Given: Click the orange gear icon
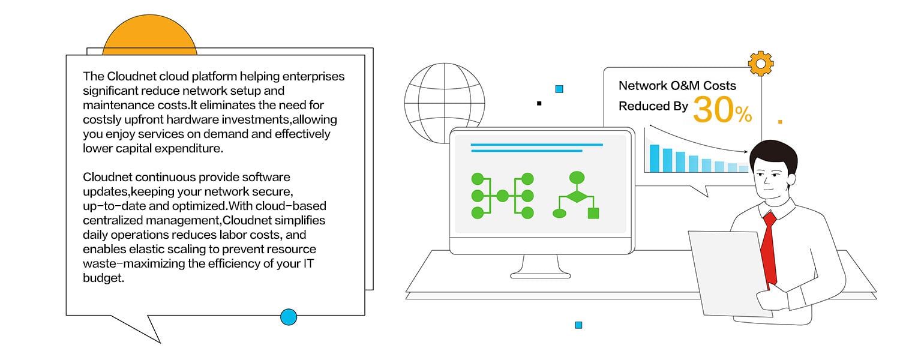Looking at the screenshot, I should [x=760, y=63].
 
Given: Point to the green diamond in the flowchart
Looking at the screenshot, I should [x=577, y=196].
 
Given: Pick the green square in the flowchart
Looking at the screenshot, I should [x=593, y=213].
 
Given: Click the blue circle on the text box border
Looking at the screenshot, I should [x=289, y=316].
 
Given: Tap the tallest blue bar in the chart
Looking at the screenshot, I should [x=654, y=158].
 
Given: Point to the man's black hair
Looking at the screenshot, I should [x=774, y=154].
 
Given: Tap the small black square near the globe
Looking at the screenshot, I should [x=539, y=103].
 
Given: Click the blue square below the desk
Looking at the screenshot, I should [x=578, y=325].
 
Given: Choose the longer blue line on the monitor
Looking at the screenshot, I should [x=536, y=145].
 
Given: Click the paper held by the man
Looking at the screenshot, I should [x=728, y=270].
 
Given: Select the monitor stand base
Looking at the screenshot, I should [x=540, y=274].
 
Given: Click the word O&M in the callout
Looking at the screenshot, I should [x=681, y=86].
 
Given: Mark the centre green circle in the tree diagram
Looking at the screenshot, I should [x=502, y=196].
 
